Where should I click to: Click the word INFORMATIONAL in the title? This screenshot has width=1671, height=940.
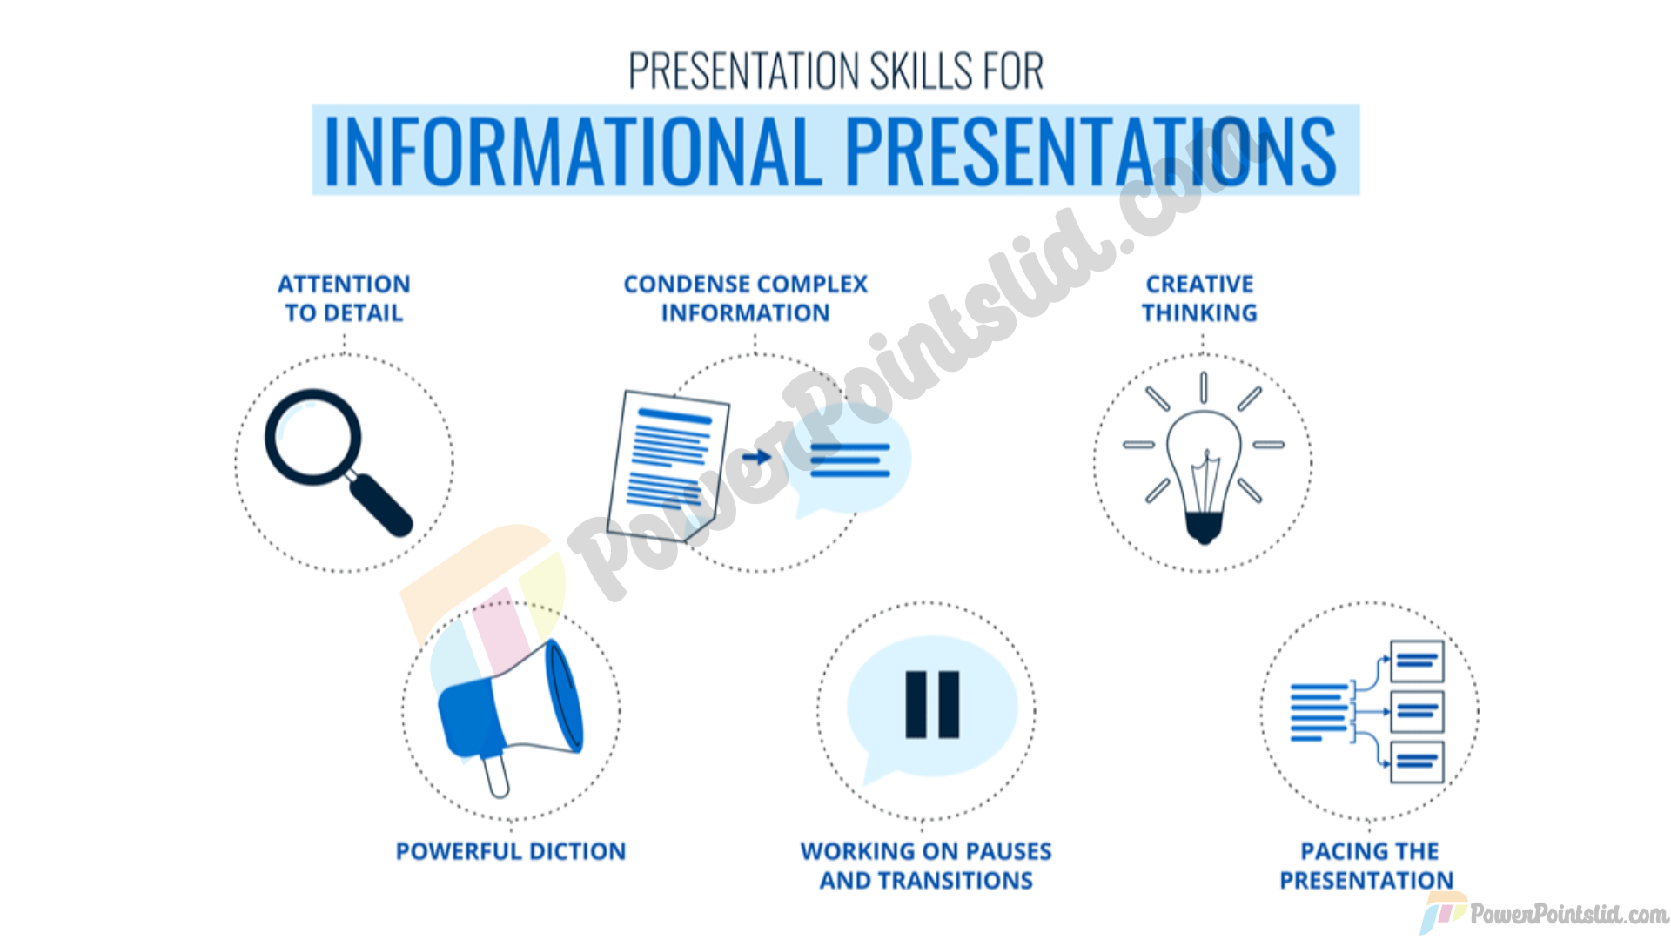[573, 151]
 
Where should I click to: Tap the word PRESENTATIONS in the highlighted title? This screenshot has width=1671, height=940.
[1091, 151]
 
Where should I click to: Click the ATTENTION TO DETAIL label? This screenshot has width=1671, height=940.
[344, 299]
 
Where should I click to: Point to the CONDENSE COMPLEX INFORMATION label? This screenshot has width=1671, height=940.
[746, 299]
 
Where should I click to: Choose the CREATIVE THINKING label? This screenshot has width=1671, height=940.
[1200, 299]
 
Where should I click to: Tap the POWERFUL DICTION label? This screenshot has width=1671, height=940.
[511, 851]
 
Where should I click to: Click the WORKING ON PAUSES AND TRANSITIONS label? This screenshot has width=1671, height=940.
[926, 866]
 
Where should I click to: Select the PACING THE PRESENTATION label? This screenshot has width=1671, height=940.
[1367, 866]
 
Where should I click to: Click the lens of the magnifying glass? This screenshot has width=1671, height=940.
[312, 436]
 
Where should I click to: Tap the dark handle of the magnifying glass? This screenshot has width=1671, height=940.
[379, 505]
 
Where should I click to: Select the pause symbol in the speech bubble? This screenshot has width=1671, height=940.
[932, 705]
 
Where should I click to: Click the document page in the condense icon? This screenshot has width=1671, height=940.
[668, 466]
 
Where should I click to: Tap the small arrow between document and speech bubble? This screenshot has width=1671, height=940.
[757, 457]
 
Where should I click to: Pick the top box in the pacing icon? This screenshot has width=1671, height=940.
[1417, 661]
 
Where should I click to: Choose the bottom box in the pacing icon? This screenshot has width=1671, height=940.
[1417, 762]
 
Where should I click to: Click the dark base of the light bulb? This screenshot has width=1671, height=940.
[1204, 528]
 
